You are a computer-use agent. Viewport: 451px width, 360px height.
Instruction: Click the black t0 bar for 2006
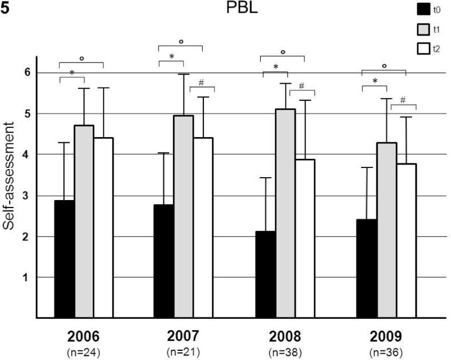(x=64, y=259)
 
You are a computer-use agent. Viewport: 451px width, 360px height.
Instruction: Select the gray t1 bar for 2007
(x=183, y=217)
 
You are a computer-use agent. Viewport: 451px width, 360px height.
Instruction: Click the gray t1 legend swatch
(x=424, y=29)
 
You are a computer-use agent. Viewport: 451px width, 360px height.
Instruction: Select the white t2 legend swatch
(x=424, y=49)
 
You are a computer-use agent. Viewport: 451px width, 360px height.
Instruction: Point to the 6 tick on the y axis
(x=26, y=73)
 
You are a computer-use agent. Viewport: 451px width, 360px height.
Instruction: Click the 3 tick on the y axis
(x=26, y=196)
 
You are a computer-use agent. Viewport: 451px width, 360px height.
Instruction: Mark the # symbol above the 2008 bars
(x=302, y=85)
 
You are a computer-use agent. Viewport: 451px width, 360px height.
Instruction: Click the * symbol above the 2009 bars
(x=375, y=81)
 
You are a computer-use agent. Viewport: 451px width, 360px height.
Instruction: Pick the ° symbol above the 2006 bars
(x=81, y=58)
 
